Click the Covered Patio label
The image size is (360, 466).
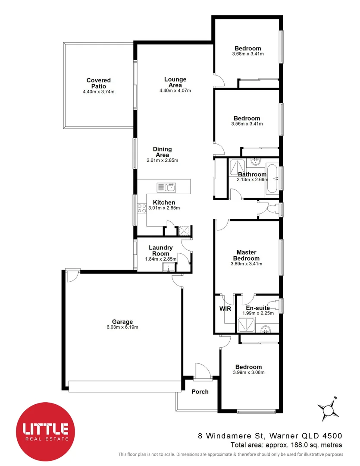pos(98,83)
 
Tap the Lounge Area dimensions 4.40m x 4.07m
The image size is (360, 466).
pos(175,91)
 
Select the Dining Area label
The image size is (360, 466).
pos(162,152)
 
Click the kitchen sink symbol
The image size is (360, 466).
pos(166,187)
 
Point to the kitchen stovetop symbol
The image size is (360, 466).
pos(141,209)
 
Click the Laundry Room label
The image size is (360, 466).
pos(160,251)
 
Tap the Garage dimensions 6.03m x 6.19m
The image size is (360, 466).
pos(122,327)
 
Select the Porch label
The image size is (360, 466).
pos(200,392)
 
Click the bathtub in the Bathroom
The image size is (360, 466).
pos(272,179)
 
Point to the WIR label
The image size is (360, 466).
pos(225,309)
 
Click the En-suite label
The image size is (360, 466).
pos(258,308)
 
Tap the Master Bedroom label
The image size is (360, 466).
pos(246,255)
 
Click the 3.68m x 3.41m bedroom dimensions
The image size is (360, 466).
pos(247,54)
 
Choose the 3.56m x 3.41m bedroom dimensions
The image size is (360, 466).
pos(247,124)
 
